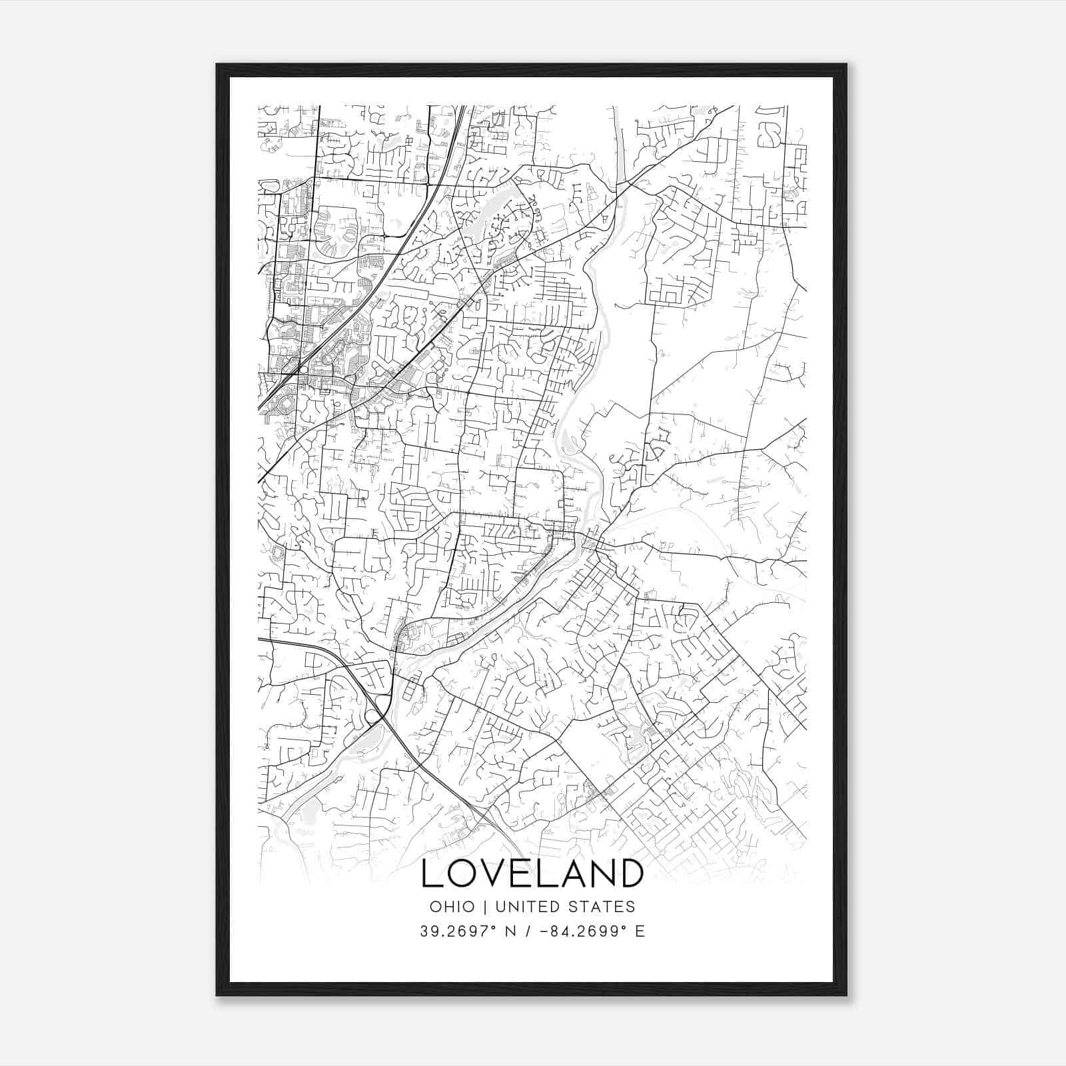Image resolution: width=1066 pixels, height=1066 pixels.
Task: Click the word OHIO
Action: tap(452, 907)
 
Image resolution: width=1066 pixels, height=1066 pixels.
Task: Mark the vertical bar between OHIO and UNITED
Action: tap(485, 907)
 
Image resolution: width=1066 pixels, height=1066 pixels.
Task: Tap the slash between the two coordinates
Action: tap(528, 931)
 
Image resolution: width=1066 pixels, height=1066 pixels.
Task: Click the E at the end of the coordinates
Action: tap(640, 931)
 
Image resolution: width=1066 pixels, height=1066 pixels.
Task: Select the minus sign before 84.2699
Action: tap(544, 931)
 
